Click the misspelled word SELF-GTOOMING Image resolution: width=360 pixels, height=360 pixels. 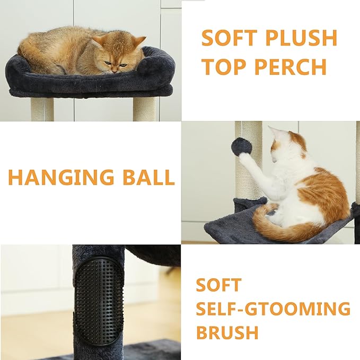[x=273, y=309]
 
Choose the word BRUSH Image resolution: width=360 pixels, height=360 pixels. [x=227, y=332]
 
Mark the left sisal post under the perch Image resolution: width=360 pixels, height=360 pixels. [x=42, y=109]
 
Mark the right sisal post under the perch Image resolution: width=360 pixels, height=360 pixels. [x=144, y=109]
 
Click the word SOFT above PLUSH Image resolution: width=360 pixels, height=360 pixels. [x=229, y=38]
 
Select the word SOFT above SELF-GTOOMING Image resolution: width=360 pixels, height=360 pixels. [x=218, y=285]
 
